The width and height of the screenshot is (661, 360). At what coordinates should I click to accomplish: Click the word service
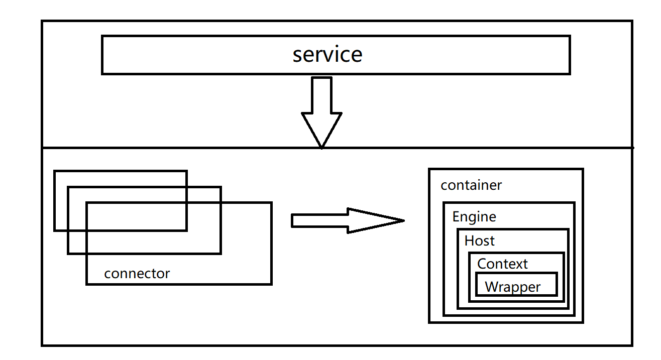pos(327,55)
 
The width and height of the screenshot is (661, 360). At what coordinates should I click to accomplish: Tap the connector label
pos(137,274)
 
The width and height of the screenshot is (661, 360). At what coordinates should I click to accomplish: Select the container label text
pos(471,185)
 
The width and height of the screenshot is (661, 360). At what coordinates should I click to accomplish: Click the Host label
pos(479,241)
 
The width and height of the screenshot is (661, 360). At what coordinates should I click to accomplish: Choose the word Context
pos(502,264)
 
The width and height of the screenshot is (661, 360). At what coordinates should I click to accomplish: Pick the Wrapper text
pos(512,287)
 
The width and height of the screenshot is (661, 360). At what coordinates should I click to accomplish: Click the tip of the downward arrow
pos(321,148)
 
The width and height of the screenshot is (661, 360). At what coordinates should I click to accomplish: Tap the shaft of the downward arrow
pos(321,95)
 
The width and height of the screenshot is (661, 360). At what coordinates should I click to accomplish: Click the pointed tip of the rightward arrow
pos(404,220)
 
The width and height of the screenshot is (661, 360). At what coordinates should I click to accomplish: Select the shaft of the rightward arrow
pos(320,221)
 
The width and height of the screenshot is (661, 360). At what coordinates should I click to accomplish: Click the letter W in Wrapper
pos(492,287)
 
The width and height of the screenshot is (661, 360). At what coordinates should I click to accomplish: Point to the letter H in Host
pos(469,241)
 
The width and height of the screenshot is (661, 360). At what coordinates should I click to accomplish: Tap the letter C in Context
pos(482,264)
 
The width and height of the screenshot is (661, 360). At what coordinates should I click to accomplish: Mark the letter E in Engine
pos(456,216)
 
